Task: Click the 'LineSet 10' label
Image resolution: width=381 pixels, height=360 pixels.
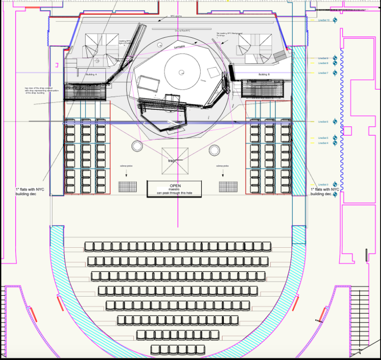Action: (323, 20)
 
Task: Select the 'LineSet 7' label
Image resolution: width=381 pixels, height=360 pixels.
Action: (322, 73)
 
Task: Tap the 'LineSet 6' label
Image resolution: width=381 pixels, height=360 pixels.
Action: (322, 121)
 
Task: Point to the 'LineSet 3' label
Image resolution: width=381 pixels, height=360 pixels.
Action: (322, 185)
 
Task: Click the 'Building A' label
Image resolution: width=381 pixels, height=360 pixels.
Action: (92, 75)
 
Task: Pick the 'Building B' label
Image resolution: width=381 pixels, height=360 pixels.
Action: (264, 75)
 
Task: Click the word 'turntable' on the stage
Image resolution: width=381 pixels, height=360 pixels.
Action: (179, 47)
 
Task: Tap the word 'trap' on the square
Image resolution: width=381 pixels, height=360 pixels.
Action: (172, 160)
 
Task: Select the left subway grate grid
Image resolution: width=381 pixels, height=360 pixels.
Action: (128, 186)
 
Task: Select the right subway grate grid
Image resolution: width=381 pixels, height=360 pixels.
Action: (228, 186)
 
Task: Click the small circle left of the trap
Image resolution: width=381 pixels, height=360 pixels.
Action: (137, 146)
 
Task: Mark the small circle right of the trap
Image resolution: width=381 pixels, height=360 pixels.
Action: (214, 150)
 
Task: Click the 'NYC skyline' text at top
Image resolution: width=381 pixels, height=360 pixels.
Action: (176, 16)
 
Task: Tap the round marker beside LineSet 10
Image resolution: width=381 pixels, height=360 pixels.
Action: (335, 20)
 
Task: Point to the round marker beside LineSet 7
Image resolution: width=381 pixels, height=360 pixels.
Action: (335, 73)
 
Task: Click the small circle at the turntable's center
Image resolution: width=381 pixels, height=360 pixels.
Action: (181, 73)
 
